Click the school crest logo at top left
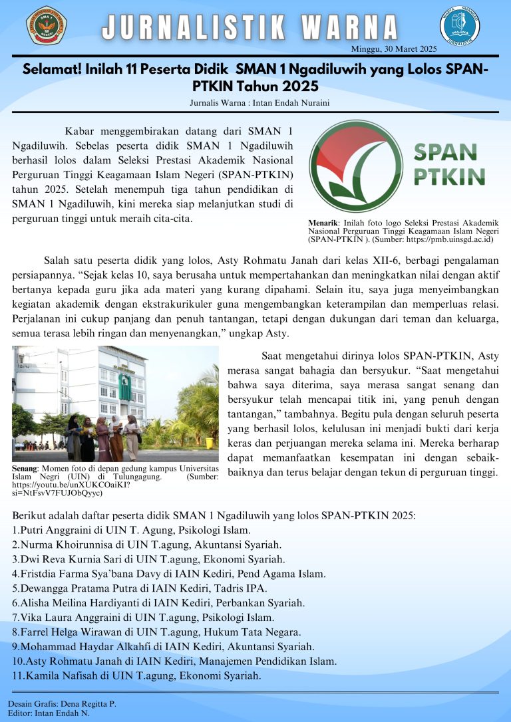pos(47,25)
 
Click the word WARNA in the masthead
pos(350,28)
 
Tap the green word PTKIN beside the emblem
pos(450,176)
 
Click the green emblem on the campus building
pos(124,387)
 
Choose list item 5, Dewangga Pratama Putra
pos(140,588)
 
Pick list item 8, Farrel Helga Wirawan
pos(156,632)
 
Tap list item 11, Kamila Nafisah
pos(136,675)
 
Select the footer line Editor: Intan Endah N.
pos(49,713)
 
